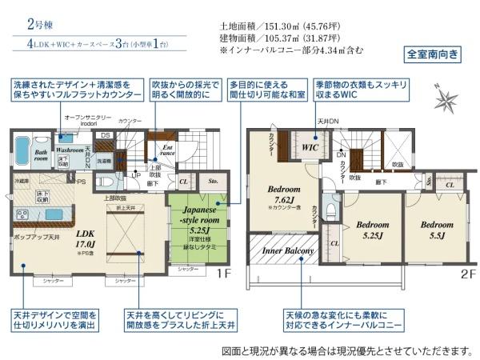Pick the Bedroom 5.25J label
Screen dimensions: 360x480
[372, 230]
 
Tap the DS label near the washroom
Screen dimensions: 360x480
[104, 135]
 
